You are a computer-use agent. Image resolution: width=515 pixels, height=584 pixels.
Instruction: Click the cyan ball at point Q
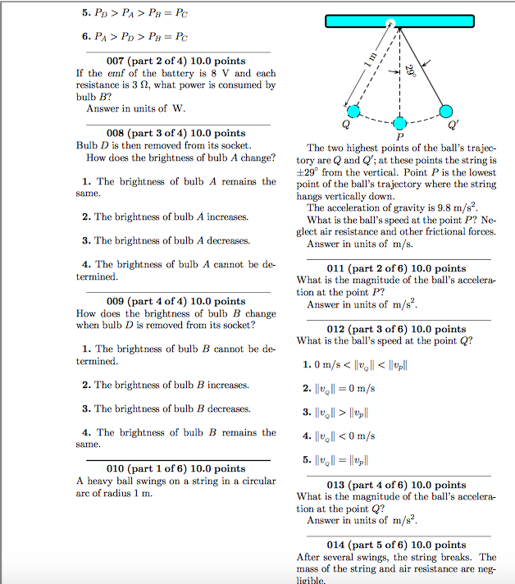[353, 111]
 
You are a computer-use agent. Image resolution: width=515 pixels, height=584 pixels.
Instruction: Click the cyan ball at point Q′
[446, 111]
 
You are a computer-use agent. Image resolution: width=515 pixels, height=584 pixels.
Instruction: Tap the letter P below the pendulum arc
[399, 136]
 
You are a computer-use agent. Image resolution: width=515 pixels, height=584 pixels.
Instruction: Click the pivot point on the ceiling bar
[391, 23]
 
